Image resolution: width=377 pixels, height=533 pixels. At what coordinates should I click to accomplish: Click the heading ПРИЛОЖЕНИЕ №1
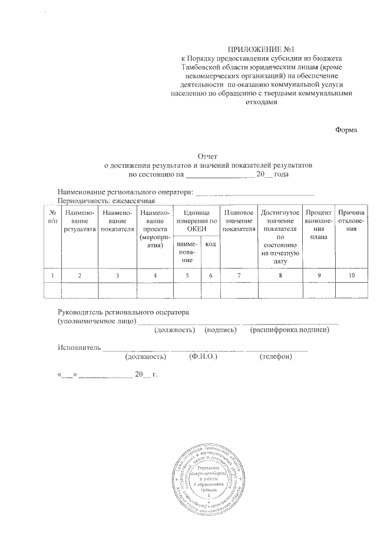click(264, 49)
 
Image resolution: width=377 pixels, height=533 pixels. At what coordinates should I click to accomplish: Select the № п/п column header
click(52, 216)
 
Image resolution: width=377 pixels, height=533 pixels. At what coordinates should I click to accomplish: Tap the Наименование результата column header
click(80, 220)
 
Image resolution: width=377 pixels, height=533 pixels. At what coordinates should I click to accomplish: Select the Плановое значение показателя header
click(239, 220)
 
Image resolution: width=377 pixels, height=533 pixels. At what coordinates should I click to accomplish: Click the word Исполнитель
click(79, 347)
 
